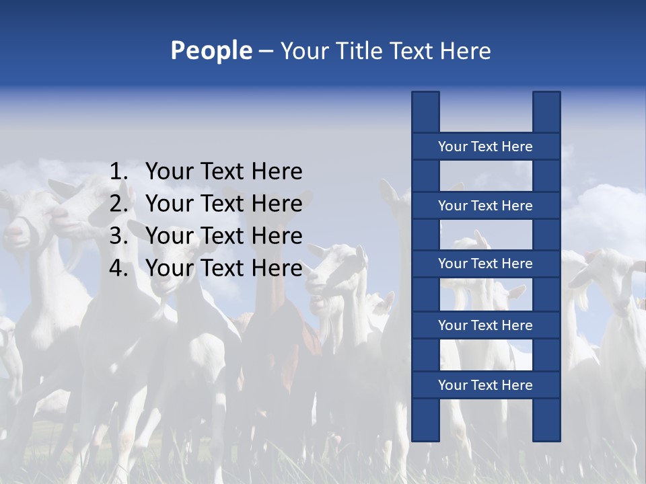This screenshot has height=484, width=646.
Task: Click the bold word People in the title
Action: pyautogui.click(x=211, y=50)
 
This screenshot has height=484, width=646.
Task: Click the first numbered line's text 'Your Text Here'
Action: pyautogui.click(x=223, y=171)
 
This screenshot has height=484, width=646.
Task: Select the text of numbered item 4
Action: pyautogui.click(x=223, y=268)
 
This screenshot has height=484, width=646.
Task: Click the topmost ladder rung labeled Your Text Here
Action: pyautogui.click(x=485, y=147)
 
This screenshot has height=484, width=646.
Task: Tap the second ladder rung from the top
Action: pyautogui.click(x=485, y=206)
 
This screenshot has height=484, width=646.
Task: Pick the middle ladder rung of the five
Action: pyautogui.click(x=485, y=264)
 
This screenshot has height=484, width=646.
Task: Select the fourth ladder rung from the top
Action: pyautogui.click(x=485, y=325)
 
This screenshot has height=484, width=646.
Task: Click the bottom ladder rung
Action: pyautogui.click(x=485, y=385)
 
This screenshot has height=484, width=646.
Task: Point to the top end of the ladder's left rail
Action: pyautogui.click(x=425, y=95)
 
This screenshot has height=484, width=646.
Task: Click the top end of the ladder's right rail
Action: pyautogui.click(x=546, y=95)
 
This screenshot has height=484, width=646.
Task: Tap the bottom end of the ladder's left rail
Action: pyautogui.click(x=425, y=437)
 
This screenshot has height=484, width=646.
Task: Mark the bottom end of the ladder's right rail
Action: pyautogui.click(x=546, y=437)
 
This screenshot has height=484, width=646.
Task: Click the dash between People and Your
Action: pyautogui.click(x=266, y=51)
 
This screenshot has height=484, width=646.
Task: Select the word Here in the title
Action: pyautogui.click(x=466, y=50)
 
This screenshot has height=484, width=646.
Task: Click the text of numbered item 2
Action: pyautogui.click(x=223, y=204)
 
